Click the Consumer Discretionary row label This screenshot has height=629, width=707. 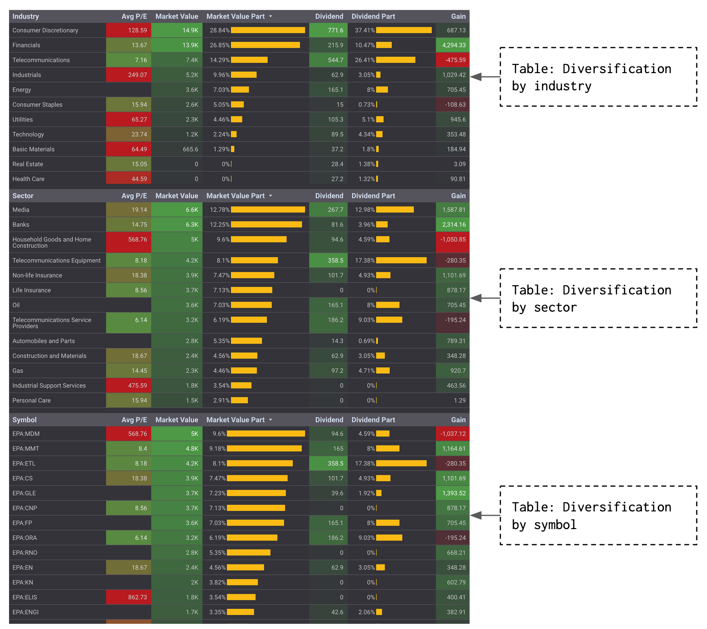[x=45, y=30]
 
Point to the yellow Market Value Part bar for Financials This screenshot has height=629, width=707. [x=265, y=45]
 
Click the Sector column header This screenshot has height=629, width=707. [x=23, y=196]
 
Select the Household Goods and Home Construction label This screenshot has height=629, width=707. [x=52, y=242]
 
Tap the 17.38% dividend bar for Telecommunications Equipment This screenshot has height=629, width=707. [x=401, y=260]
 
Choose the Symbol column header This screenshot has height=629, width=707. [x=24, y=420]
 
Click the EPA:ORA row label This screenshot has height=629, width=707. [x=25, y=538]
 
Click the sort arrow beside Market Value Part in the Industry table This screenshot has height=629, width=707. [x=271, y=16]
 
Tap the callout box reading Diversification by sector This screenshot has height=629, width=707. [x=598, y=298]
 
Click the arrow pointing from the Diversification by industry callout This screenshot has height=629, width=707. [x=485, y=76]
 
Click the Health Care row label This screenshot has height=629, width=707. [x=29, y=179]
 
